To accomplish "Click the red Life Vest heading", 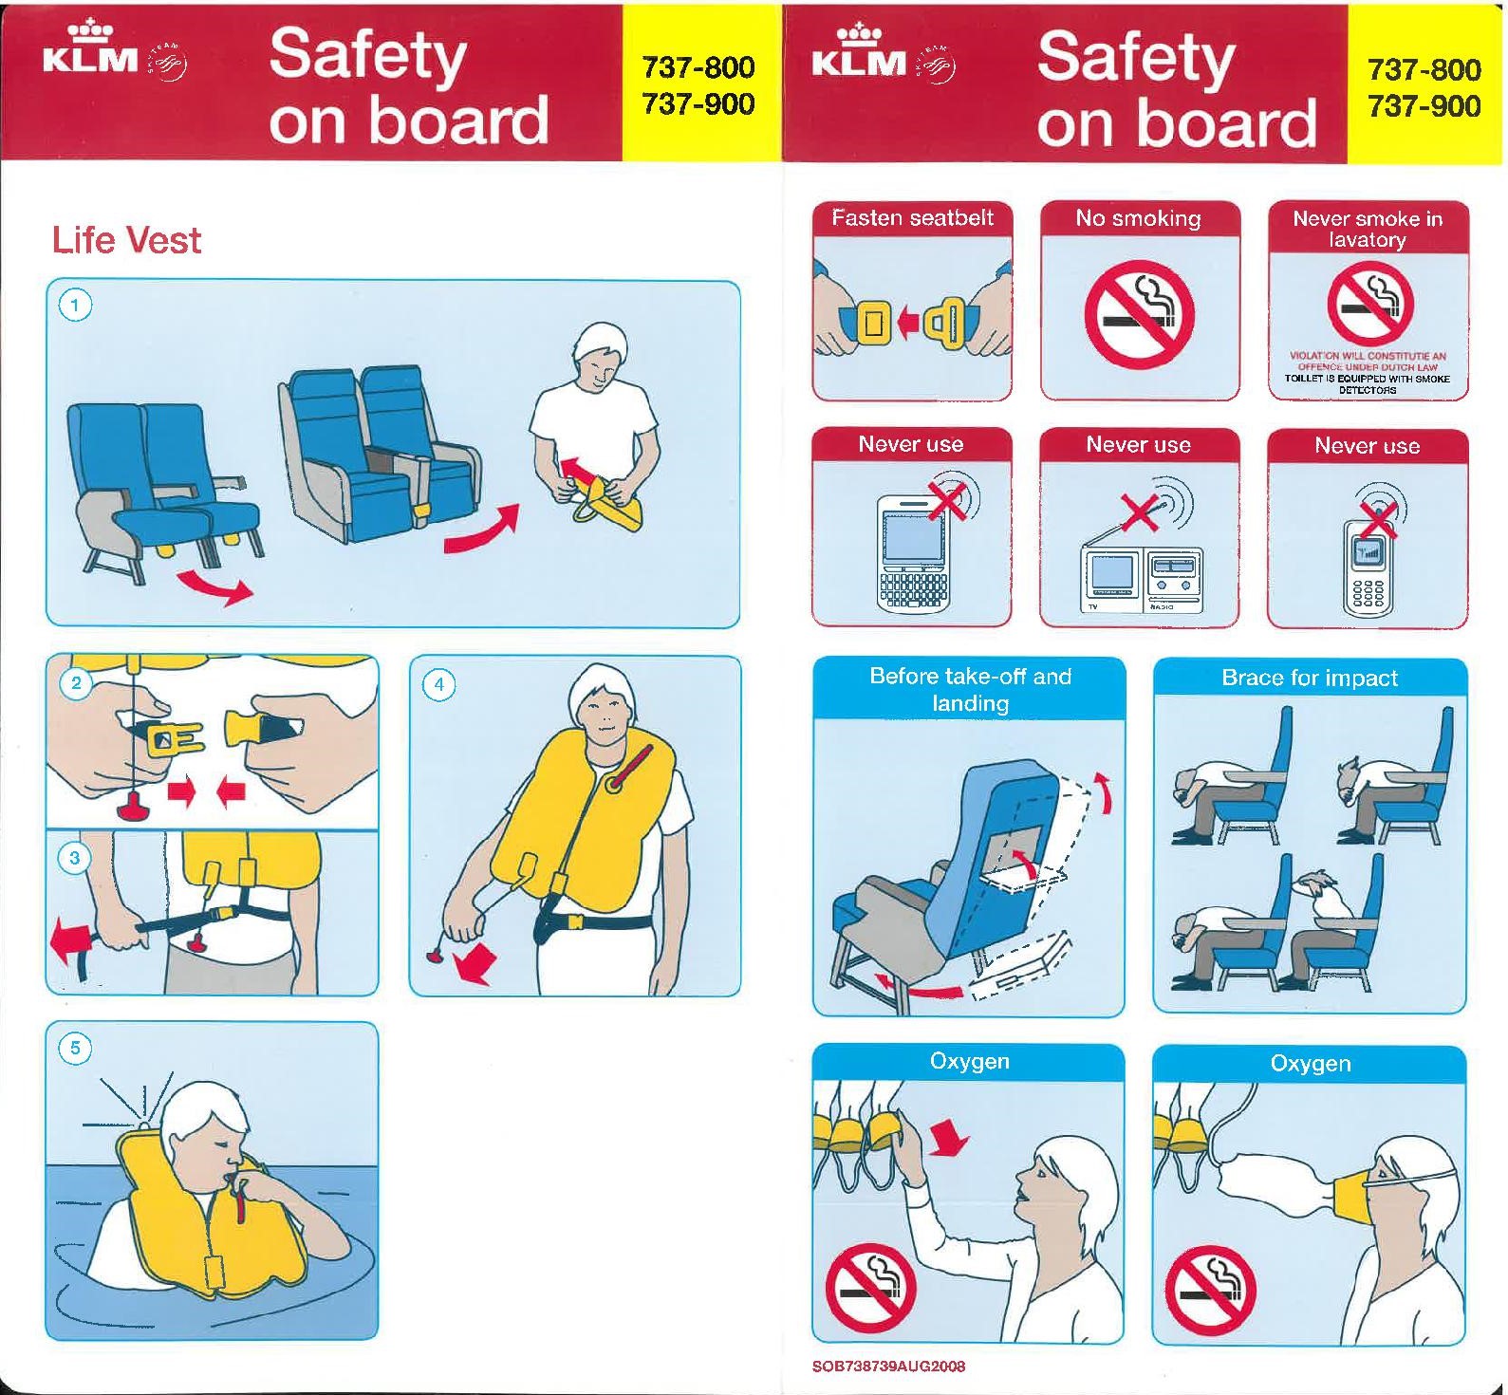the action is [126, 240].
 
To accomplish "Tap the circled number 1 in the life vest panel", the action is [76, 306].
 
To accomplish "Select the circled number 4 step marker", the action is [438, 683].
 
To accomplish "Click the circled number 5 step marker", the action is [76, 1049].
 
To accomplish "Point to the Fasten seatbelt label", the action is [912, 218].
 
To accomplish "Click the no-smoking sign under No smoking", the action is [1139, 314].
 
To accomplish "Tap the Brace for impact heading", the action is [1310, 678].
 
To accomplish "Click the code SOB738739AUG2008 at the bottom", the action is [888, 1367].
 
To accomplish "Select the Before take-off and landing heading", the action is [970, 690].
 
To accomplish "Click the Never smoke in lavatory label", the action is [1368, 229].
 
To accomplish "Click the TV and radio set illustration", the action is [1143, 580].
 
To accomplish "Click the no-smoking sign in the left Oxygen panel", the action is [870, 1288].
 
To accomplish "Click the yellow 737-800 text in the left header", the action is [698, 68].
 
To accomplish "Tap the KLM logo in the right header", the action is [859, 52].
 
